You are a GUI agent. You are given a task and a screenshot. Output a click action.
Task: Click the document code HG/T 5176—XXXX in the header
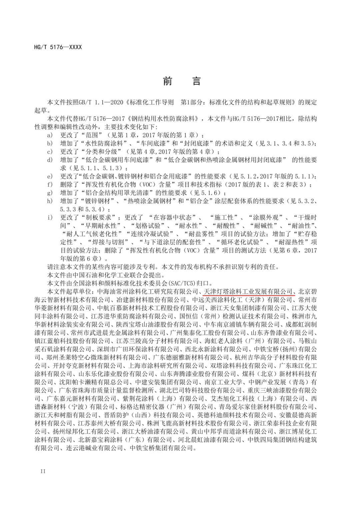(58, 47)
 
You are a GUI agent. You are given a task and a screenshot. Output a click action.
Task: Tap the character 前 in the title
(168, 81)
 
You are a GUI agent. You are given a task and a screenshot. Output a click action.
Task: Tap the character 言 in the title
(196, 81)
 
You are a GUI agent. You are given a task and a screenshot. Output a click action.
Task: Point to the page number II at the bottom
(43, 471)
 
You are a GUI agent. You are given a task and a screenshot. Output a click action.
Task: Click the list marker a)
(50, 135)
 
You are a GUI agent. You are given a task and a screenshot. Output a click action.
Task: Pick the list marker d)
(50, 160)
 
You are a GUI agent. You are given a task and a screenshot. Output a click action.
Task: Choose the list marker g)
(50, 193)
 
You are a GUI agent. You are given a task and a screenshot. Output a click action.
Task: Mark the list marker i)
(50, 217)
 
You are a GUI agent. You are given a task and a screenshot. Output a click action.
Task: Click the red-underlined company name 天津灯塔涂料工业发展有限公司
(248, 292)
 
